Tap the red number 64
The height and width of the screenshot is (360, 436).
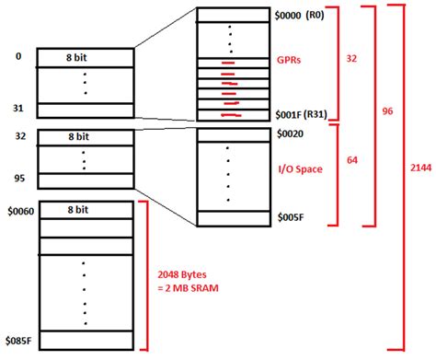[x=351, y=159]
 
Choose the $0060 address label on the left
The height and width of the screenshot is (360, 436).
[x=19, y=211]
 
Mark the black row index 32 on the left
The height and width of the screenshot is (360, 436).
[x=17, y=134]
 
